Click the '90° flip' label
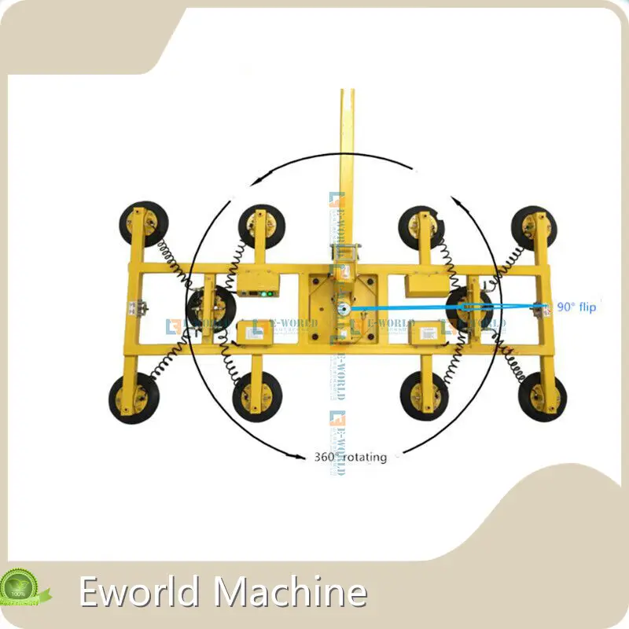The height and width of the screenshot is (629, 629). point(576,307)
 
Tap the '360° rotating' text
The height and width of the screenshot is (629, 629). point(350,456)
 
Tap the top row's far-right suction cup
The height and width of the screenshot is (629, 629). point(535,226)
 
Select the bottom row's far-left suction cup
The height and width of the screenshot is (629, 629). point(132,398)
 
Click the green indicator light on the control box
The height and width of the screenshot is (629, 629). point(268,296)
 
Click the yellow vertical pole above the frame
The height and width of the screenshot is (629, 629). point(347,157)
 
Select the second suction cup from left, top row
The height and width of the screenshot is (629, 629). point(261,226)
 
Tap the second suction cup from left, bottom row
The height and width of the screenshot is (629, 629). point(257,395)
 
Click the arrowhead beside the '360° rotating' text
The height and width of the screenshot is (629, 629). point(298,455)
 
